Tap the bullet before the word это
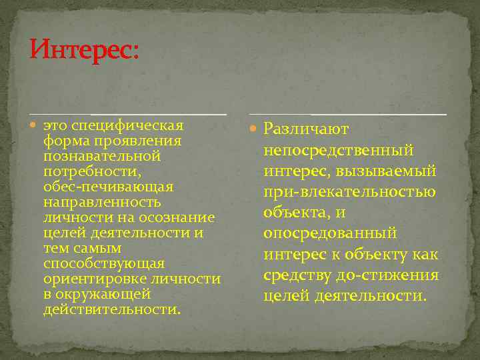pos(35,125)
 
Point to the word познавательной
pos(102,155)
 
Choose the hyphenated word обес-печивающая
pos(108,186)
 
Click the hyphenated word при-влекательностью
pos(349,192)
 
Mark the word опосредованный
pos(330,233)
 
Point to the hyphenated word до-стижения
pos(391,275)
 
